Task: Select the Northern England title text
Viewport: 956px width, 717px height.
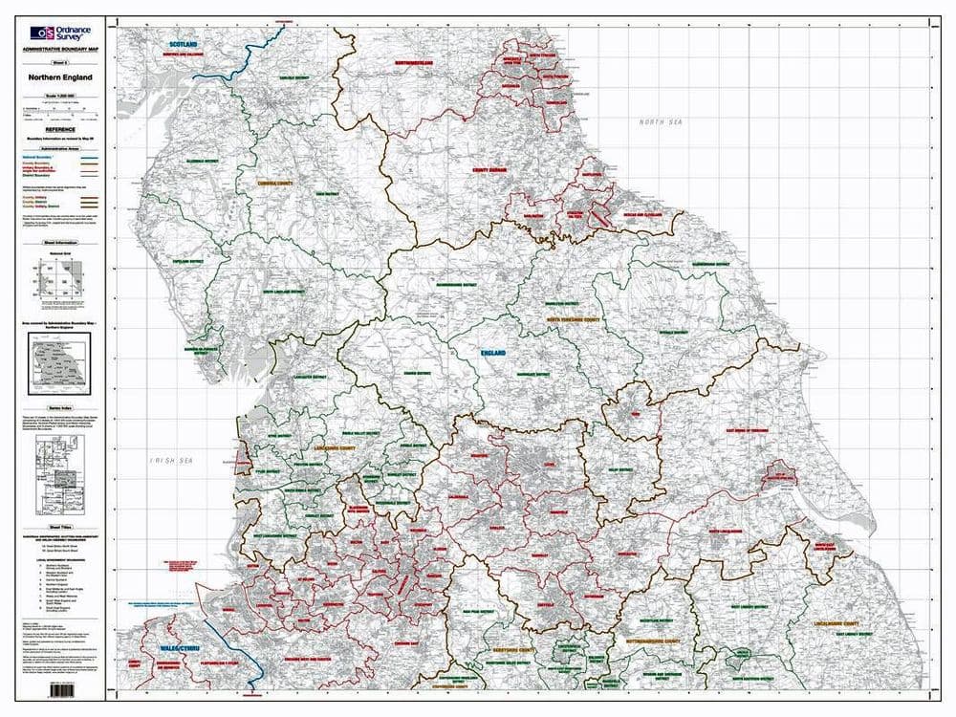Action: pos(60,77)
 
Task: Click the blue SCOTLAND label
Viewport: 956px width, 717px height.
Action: pos(183,45)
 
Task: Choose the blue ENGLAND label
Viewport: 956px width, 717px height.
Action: pos(493,353)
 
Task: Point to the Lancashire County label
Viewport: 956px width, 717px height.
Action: pos(339,446)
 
